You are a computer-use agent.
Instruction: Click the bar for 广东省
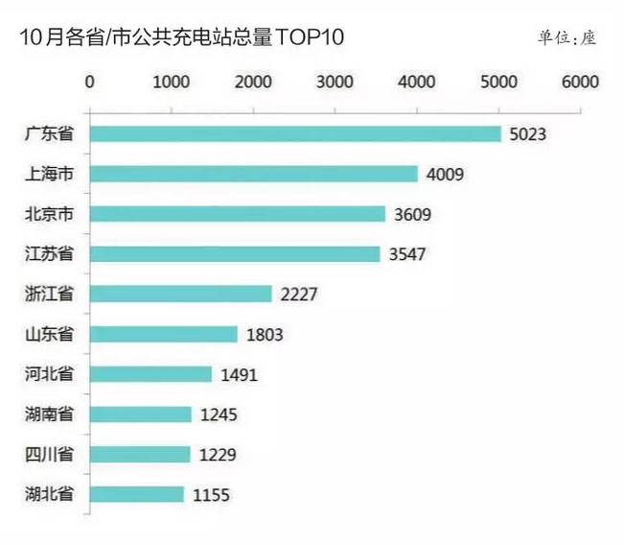[x=295, y=133]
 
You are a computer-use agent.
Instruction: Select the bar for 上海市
[x=253, y=174]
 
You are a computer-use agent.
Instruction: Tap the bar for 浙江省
[x=180, y=294]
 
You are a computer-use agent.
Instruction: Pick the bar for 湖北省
[x=136, y=494]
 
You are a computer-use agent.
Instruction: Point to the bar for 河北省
[x=150, y=374]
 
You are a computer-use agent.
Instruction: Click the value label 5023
[x=527, y=134]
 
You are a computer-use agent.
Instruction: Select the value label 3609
[x=412, y=214]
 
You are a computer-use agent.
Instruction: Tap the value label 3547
[x=406, y=254]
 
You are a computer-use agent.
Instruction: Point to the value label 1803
[x=264, y=335]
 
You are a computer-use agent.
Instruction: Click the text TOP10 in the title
[x=309, y=37]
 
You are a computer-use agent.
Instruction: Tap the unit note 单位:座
[x=566, y=38]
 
